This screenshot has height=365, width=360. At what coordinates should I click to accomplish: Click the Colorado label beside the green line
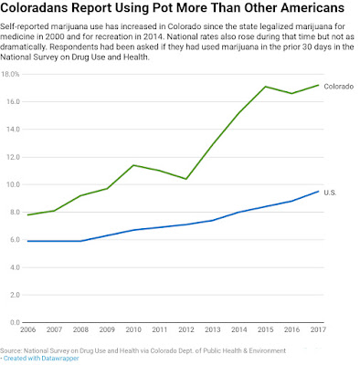339,87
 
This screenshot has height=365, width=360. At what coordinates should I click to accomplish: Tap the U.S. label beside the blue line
330,193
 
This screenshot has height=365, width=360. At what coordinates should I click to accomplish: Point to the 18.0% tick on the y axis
10,74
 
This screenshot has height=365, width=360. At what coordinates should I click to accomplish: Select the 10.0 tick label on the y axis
13,184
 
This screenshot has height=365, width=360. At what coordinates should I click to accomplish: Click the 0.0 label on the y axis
15,322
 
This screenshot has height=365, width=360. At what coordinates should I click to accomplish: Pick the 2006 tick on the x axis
27,329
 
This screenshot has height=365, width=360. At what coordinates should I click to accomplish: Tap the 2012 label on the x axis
186,329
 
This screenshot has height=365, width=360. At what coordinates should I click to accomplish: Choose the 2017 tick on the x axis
318,329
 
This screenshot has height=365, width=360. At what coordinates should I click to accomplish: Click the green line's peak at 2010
133,165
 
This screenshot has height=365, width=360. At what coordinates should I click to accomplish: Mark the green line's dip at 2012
186,179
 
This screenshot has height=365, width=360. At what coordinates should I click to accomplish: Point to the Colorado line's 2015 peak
265,87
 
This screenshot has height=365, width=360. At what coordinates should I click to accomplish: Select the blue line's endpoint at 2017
318,192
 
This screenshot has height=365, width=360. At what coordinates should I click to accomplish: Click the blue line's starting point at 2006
27,241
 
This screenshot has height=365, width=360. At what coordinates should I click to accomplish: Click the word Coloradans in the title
36,8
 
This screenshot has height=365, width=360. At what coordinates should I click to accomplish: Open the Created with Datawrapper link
41,359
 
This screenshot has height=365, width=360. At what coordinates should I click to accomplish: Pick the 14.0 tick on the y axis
13,130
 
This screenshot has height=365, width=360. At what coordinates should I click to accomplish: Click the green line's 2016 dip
291,93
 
